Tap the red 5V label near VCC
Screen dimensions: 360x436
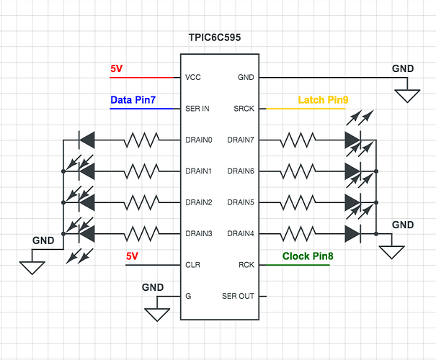coord(117,69)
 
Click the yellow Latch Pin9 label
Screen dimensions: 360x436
coord(322,99)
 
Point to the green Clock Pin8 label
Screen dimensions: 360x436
coord(307,256)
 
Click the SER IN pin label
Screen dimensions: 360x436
coord(197,109)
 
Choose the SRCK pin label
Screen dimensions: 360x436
coord(243,109)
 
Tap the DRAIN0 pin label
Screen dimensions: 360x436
coord(199,140)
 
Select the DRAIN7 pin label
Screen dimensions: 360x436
coord(241,140)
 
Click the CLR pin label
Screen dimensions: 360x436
coord(192,265)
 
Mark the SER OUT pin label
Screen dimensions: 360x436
coord(239,296)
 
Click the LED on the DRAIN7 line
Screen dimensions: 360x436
coord(352,140)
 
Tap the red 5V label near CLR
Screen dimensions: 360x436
coord(132,256)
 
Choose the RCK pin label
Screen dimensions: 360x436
coord(246,265)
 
